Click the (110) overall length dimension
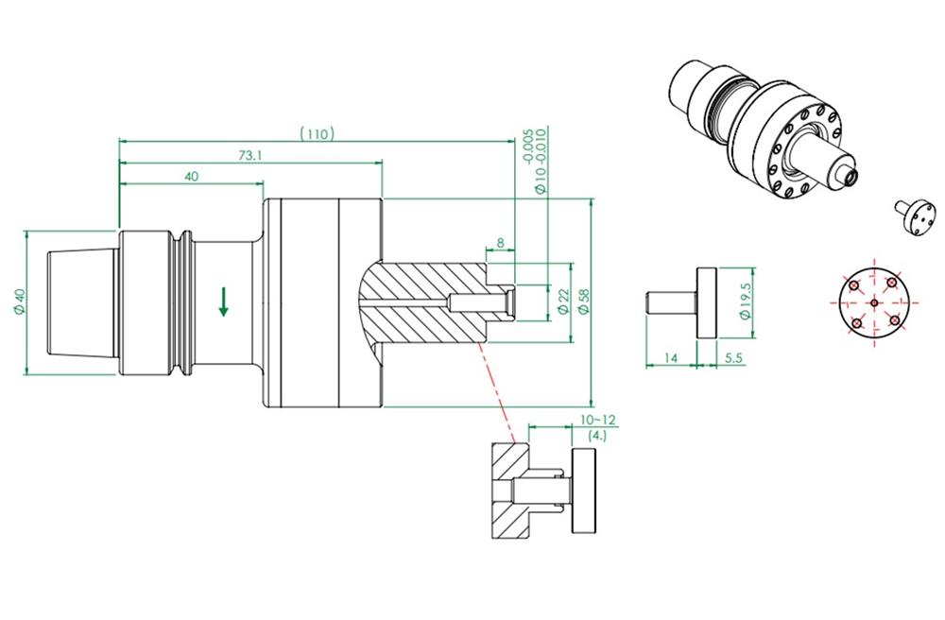tap(317, 133)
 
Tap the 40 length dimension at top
tap(192, 177)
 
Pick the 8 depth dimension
tap(499, 244)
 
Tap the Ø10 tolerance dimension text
tap(535, 161)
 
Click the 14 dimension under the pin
tap(669, 358)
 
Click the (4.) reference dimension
tap(597, 436)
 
